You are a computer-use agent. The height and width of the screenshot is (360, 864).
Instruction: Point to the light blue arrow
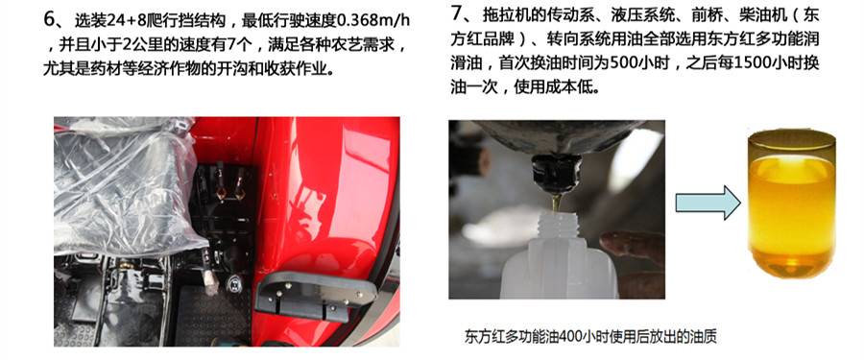click(x=708, y=202)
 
